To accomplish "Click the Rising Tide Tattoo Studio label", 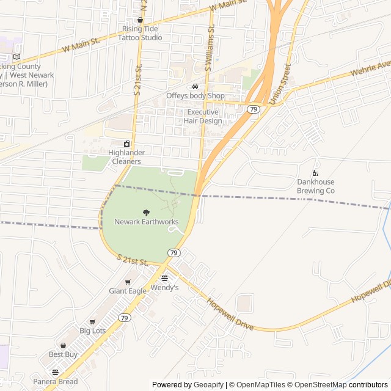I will [x=142, y=33].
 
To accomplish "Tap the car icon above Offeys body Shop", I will [x=195, y=86].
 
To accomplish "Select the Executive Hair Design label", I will [x=203, y=116].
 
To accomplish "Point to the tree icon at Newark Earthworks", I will [x=146, y=212].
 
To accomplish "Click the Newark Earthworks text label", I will [x=146, y=221].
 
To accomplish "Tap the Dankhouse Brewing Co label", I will [x=316, y=186].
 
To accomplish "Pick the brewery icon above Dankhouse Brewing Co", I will [x=316, y=173].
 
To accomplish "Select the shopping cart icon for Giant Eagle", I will [x=128, y=282].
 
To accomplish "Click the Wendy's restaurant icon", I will [x=164, y=278].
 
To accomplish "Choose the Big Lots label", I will [x=92, y=331].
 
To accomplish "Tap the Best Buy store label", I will [x=63, y=354].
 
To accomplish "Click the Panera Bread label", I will [x=56, y=382].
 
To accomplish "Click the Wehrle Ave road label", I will [x=370, y=68].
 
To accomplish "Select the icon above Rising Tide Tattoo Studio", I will [x=141, y=20].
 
